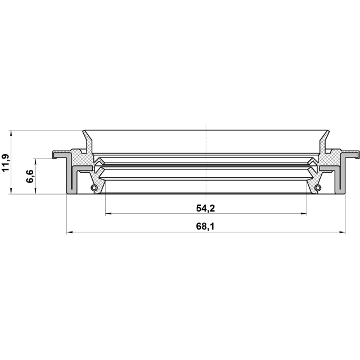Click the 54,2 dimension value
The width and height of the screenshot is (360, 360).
click(205, 208)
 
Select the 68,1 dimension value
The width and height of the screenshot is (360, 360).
click(205, 226)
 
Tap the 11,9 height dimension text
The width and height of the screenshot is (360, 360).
click(5, 163)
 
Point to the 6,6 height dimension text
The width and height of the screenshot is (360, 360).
click(30, 176)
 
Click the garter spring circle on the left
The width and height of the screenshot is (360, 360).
click(94, 187)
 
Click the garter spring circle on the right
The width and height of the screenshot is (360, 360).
click(318, 187)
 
